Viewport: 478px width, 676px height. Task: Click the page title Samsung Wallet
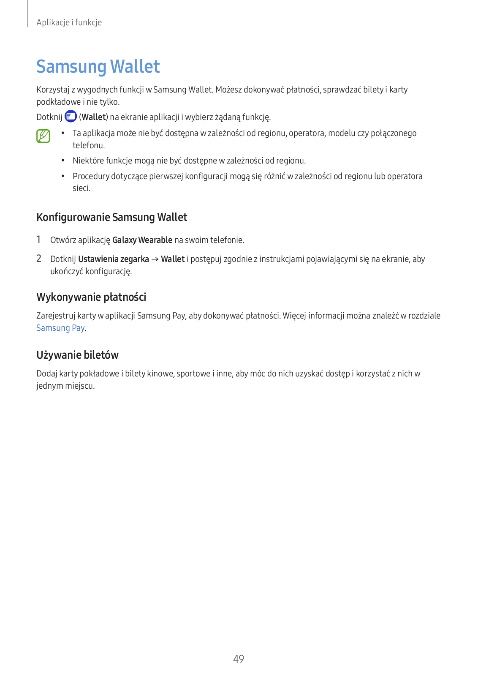click(98, 67)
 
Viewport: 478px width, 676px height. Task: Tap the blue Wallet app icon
click(71, 116)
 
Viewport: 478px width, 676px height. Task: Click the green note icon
click(43, 136)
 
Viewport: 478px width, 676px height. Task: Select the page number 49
click(239, 659)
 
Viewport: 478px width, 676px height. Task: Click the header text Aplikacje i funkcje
click(69, 22)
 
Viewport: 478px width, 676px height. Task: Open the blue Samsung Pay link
click(60, 328)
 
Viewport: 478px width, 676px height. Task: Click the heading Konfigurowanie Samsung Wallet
click(112, 217)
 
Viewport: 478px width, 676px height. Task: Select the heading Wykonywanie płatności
click(91, 297)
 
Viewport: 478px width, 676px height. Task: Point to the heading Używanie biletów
click(77, 355)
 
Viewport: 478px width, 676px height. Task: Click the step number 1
click(38, 240)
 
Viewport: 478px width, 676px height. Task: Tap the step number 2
click(39, 259)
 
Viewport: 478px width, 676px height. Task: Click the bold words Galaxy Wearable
click(142, 240)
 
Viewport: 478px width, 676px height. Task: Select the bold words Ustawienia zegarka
click(114, 259)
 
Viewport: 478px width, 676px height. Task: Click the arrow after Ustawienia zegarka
click(155, 259)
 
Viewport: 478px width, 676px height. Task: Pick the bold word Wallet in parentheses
click(94, 117)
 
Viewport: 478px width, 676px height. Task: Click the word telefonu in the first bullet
click(88, 145)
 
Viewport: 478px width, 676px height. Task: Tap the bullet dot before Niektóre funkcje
click(62, 161)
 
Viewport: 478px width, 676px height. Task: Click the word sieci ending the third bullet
click(81, 188)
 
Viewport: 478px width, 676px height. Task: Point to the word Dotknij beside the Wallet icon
click(49, 117)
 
